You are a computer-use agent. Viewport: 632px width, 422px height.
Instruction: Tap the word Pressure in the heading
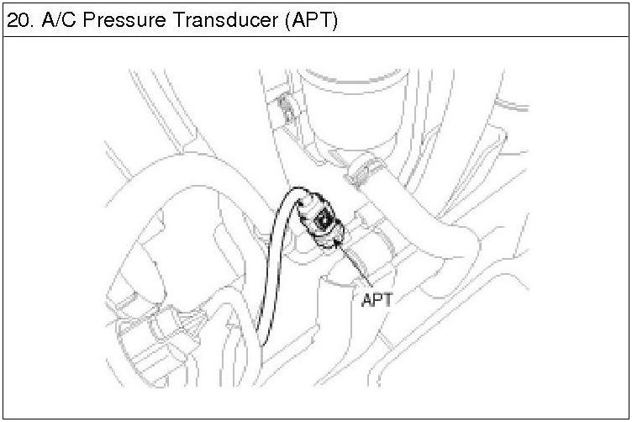coord(121,20)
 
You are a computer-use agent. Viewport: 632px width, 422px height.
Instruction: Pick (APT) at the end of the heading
coord(310,20)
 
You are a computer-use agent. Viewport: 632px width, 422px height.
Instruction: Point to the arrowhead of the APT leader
coord(337,241)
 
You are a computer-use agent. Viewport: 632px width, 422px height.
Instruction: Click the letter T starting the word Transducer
coord(179,20)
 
